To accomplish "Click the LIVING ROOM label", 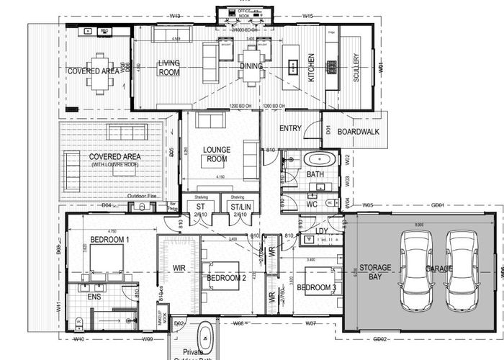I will pos(169,68).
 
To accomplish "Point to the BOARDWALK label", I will pos(357,132).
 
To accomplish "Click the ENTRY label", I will pos(290,128).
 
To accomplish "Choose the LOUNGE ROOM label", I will pos(216,154).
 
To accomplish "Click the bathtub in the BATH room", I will pos(318,159).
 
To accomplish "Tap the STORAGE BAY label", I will pos(376,272).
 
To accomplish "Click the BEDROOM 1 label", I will pos(109,240).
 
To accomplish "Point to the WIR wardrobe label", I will pos(179,269).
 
